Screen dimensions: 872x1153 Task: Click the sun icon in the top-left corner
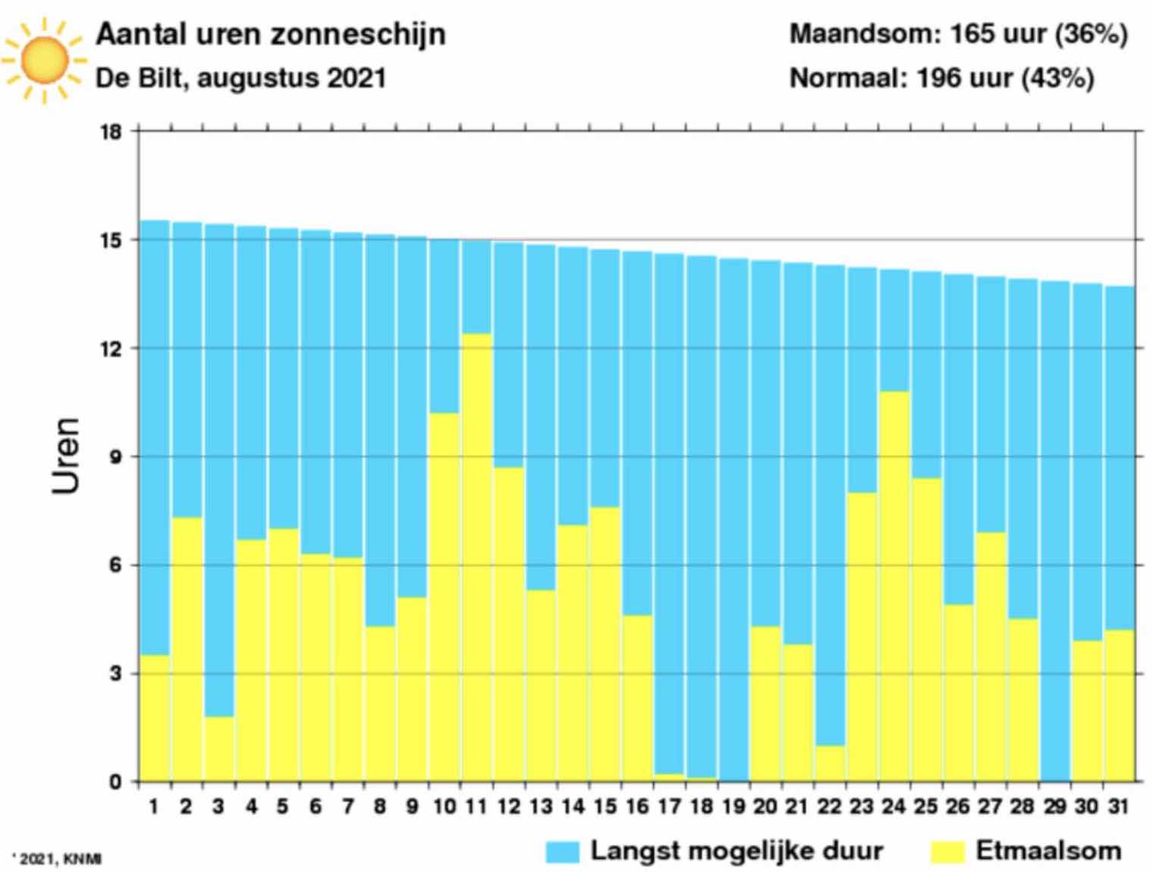(44, 60)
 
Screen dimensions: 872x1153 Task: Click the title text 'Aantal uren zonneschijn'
(270, 34)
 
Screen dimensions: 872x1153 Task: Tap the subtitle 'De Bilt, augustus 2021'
(240, 78)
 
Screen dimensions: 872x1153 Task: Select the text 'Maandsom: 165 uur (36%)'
(958, 34)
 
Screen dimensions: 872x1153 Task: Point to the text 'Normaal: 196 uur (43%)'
(941, 78)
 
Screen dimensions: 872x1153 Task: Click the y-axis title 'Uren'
(66, 456)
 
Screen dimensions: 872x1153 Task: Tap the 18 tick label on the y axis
(111, 132)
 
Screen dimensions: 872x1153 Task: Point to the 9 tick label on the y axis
(115, 457)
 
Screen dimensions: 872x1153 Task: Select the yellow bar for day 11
(476, 557)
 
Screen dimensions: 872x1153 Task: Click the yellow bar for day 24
(894, 586)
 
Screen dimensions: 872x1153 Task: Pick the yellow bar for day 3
(219, 748)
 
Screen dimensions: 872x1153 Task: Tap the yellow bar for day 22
(830, 763)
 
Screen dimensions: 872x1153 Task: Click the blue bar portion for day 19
(734, 519)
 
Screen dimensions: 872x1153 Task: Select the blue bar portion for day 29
(1055, 531)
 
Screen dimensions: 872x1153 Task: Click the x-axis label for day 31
(1119, 807)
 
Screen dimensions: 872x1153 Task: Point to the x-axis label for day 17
(669, 807)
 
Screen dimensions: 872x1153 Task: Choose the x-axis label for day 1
(154, 807)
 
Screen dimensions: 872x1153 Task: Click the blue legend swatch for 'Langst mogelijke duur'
(562, 852)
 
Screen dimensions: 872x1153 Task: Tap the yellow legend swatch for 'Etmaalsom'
(947, 852)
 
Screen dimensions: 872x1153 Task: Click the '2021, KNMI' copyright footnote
(58, 859)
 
